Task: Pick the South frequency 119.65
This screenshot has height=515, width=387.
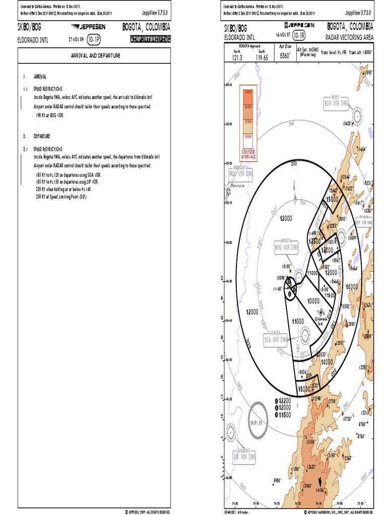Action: coord(261,58)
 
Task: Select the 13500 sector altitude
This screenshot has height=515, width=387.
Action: coord(316,241)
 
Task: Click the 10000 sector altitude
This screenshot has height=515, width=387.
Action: coord(313,300)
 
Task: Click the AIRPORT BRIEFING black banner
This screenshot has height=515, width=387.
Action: coord(150,38)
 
